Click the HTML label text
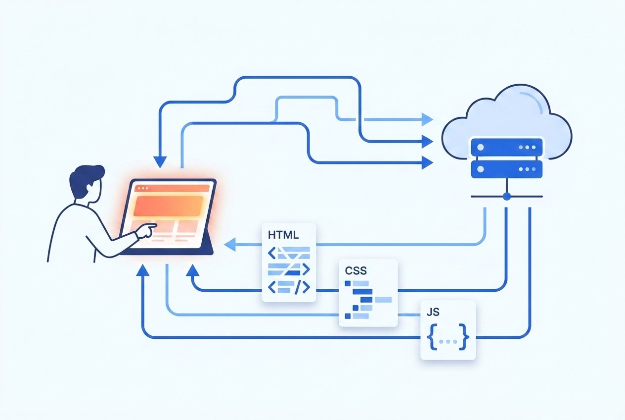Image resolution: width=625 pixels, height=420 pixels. point(283,234)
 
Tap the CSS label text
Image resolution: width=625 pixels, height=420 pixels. point(356,271)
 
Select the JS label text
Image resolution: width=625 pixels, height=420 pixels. point(433,313)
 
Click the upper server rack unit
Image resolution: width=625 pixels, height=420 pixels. point(507,148)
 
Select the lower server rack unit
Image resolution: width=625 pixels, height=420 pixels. point(507,169)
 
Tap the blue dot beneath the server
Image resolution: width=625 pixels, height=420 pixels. point(506,197)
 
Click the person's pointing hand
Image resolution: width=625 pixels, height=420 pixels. point(146,229)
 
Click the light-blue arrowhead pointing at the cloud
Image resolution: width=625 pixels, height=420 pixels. point(427,119)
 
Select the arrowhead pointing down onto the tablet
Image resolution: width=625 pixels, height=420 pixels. point(159,162)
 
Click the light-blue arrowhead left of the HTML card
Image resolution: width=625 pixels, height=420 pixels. point(230,244)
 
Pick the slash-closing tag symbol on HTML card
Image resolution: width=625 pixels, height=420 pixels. point(299,288)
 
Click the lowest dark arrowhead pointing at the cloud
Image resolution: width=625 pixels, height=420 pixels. point(427,162)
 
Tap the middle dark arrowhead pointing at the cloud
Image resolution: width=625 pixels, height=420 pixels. point(427,141)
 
